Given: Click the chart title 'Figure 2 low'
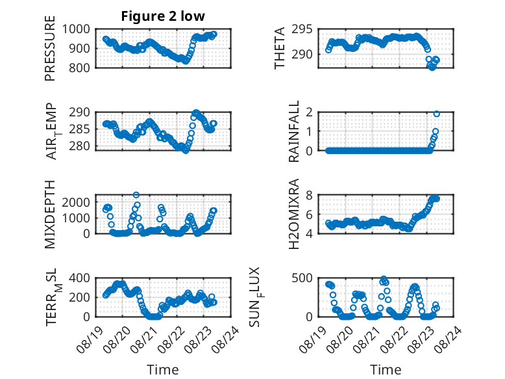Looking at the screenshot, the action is point(163,16).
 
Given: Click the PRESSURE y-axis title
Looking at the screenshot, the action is point(50,48).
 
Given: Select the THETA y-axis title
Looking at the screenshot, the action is point(280,48).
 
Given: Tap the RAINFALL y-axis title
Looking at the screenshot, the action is point(294,131).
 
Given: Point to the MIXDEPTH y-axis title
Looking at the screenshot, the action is point(50,215).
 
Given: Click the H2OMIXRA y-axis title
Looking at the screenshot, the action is point(294,214).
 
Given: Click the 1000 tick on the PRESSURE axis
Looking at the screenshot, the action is point(76,29).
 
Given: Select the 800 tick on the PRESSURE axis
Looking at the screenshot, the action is point(80,68).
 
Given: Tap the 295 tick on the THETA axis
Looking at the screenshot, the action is point(302,29).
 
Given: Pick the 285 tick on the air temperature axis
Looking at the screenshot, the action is point(80,129).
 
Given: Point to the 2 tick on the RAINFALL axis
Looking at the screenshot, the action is point(310,112).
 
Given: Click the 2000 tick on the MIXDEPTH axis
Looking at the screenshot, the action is point(76,202).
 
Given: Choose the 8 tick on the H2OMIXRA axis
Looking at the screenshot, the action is point(310,195).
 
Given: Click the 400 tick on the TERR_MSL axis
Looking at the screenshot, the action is point(80,278).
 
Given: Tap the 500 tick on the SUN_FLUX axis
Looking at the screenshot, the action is point(302,278).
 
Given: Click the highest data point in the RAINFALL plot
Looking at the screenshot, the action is point(436,114).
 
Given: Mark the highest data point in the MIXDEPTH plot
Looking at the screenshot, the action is point(136,195).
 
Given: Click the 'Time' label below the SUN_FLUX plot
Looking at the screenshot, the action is point(386,369).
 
